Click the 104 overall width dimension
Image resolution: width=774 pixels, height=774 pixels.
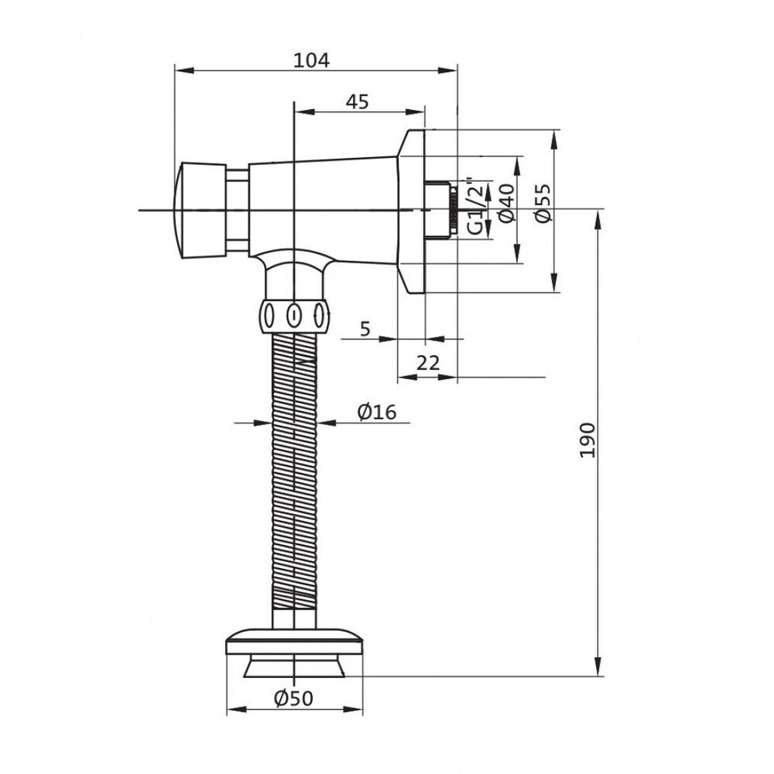(311, 60)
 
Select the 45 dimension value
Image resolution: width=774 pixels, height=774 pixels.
(358, 101)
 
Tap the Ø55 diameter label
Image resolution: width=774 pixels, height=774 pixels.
(543, 203)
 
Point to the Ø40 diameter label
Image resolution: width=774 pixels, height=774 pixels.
(507, 203)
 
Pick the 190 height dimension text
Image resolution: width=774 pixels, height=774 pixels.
(587, 440)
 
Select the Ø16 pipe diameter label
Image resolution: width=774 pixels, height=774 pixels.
(377, 412)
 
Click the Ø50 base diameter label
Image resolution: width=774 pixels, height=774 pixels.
(293, 698)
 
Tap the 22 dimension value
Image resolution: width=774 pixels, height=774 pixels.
(428, 363)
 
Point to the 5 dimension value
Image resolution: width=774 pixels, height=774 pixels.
(365, 328)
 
